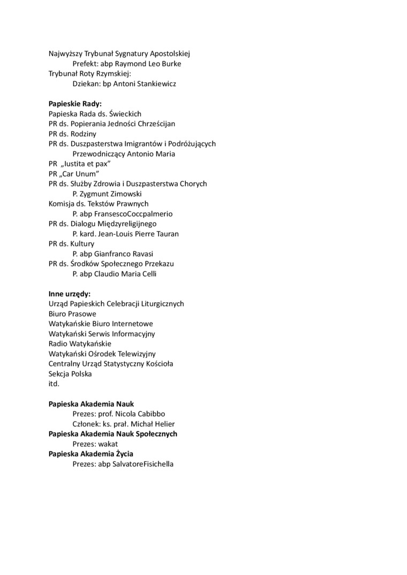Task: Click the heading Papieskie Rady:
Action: [75, 104]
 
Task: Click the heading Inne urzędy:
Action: [70, 294]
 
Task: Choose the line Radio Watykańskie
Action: [80, 344]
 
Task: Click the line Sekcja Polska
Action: [70, 374]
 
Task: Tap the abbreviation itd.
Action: [54, 384]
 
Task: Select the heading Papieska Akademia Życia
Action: [91, 454]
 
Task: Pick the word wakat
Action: [108, 444]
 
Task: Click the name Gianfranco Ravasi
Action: [127, 254]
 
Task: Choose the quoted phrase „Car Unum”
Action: [80, 174]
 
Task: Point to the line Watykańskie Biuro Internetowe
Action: [101, 324]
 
